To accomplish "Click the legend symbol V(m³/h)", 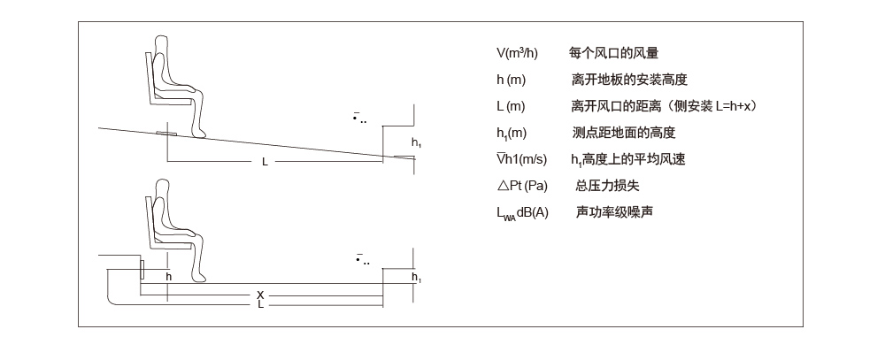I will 518,54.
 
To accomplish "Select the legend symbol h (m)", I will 512,80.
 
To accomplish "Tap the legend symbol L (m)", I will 512,107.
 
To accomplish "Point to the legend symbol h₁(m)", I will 512,134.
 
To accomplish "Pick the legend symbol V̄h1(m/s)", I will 522,159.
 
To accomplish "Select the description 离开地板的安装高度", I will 630,80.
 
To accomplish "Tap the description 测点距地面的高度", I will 624,134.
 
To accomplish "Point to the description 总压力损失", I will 606,186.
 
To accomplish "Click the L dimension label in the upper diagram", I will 265,162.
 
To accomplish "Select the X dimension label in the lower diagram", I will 260,295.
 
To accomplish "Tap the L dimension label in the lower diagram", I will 260,304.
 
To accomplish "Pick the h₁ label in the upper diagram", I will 417,142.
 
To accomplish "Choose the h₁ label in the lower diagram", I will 417,278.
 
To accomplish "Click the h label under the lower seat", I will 168,276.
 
